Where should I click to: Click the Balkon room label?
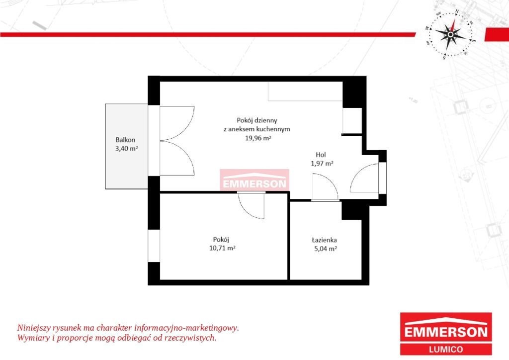[125, 140]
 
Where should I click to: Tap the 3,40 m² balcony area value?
[127, 149]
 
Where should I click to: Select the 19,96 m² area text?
[258, 138]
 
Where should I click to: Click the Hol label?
[321, 155]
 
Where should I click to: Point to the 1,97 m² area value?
[322, 163]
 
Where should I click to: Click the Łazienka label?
[324, 240]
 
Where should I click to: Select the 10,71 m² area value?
[222, 248]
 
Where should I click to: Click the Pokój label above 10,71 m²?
[221, 240]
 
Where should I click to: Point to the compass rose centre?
[450, 34]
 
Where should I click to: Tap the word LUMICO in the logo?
[446, 349]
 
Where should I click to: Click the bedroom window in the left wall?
[154, 246]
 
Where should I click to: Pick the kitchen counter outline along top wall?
[305, 91]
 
